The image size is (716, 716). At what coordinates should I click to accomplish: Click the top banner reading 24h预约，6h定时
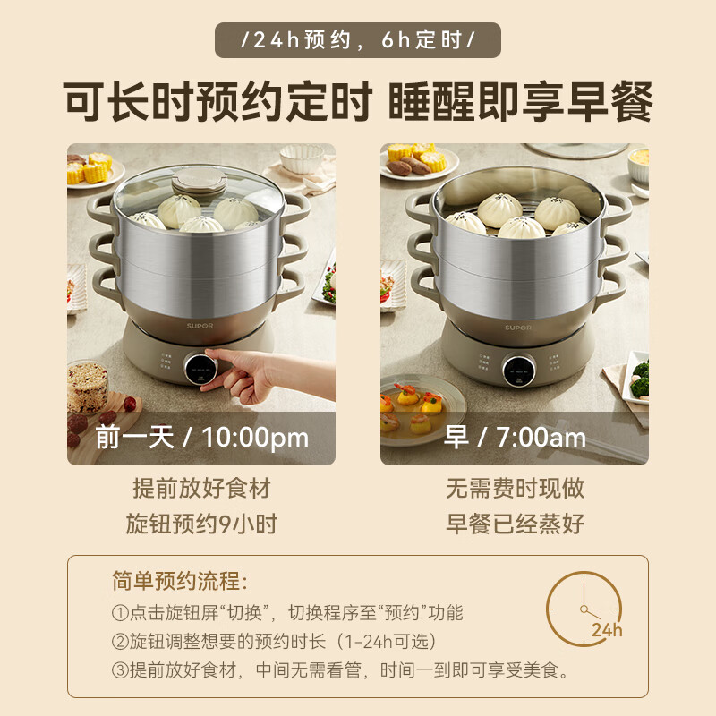tap(358, 40)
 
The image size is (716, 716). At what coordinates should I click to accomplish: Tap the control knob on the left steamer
tap(200, 369)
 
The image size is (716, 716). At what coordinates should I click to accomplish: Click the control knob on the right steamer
tap(514, 370)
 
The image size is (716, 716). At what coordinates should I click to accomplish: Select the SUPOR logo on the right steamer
tap(517, 328)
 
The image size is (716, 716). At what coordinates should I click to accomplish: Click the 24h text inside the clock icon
tap(606, 630)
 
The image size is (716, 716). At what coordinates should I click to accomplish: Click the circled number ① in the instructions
tap(121, 613)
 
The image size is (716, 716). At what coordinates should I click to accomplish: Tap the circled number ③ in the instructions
tap(121, 670)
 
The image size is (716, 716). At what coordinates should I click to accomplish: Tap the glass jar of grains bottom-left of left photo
tap(88, 385)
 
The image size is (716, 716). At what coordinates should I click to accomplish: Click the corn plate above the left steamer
tap(90, 168)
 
